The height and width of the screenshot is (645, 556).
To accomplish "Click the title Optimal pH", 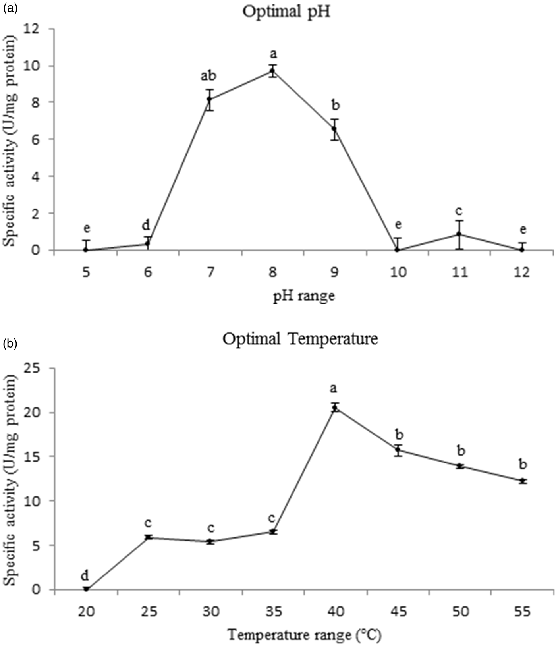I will point(286,12).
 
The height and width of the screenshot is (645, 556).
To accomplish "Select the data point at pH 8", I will point(272,71).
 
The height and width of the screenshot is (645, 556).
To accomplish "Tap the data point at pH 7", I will point(210,100).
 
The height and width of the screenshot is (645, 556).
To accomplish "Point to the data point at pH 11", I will point(459,234).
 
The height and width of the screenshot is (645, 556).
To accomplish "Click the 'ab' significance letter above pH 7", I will point(209,75).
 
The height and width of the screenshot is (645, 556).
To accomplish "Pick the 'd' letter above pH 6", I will point(146,225).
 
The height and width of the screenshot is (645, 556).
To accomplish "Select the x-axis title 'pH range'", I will point(303,296).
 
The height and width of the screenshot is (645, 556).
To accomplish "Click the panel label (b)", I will point(10,344).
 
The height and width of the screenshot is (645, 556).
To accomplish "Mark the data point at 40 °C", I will point(335,408).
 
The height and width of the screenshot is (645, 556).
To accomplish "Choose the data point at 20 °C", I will point(86,589).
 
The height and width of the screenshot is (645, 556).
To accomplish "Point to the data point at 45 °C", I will point(398,450).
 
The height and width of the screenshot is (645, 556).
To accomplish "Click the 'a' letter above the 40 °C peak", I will point(334,388).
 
